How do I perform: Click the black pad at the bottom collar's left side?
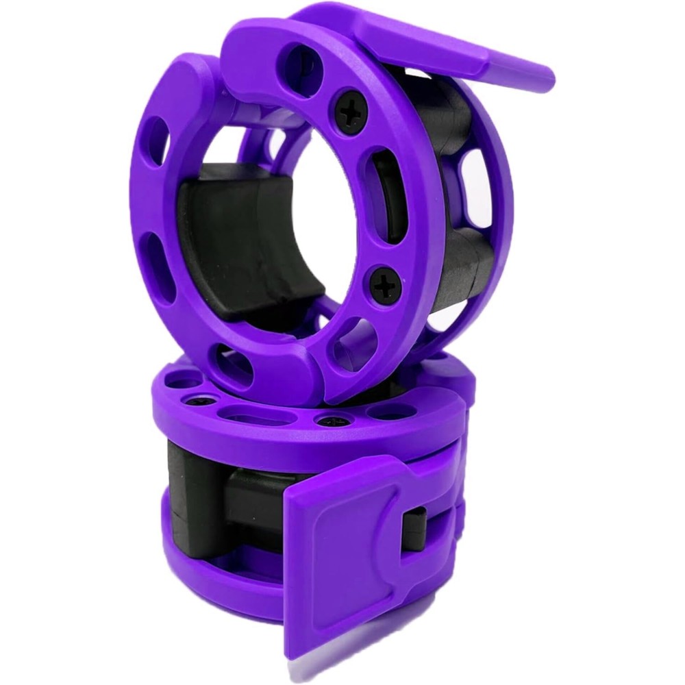coord(185,507)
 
